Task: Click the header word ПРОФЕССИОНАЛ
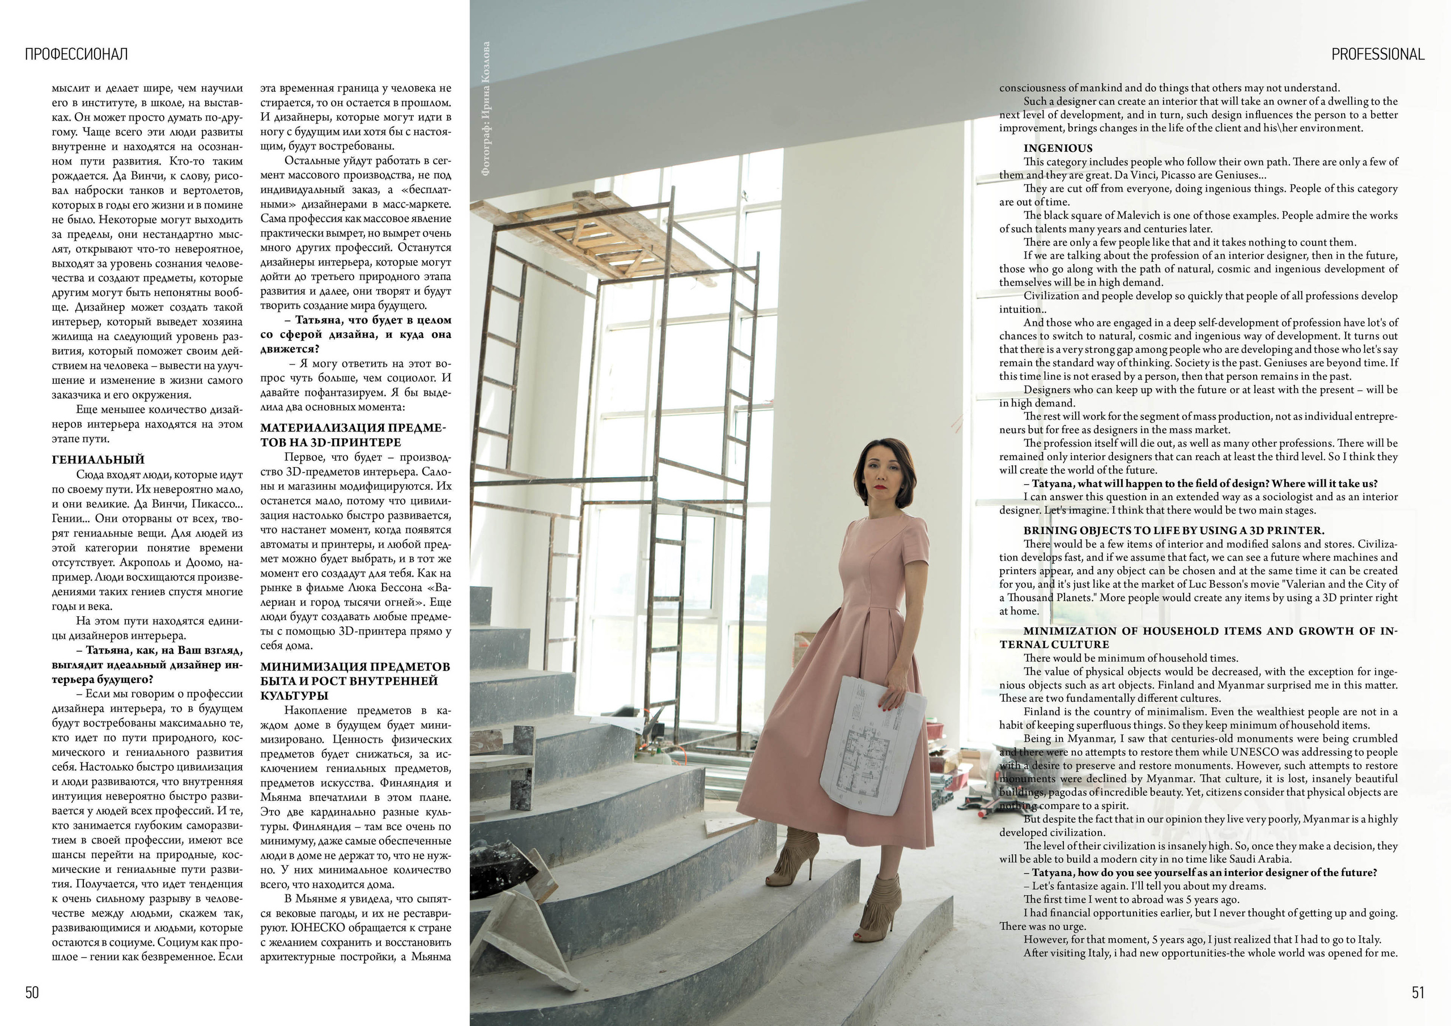[x=77, y=54]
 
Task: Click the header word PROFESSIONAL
[x=1378, y=54]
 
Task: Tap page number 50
[x=32, y=993]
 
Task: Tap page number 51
[x=1418, y=993]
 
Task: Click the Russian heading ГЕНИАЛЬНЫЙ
[x=98, y=460]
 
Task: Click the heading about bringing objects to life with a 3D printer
[x=1174, y=531]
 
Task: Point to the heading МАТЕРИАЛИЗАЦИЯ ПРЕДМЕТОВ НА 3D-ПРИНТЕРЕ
[x=353, y=435]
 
